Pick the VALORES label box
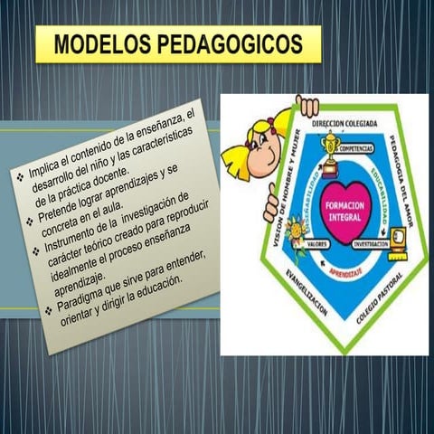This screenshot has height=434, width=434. (x=317, y=244)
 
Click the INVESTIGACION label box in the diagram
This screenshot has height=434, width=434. (x=371, y=244)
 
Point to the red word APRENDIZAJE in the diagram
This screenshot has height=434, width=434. (x=347, y=270)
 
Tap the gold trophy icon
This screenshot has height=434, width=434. (x=331, y=148)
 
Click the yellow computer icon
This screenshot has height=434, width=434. (x=398, y=242)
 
